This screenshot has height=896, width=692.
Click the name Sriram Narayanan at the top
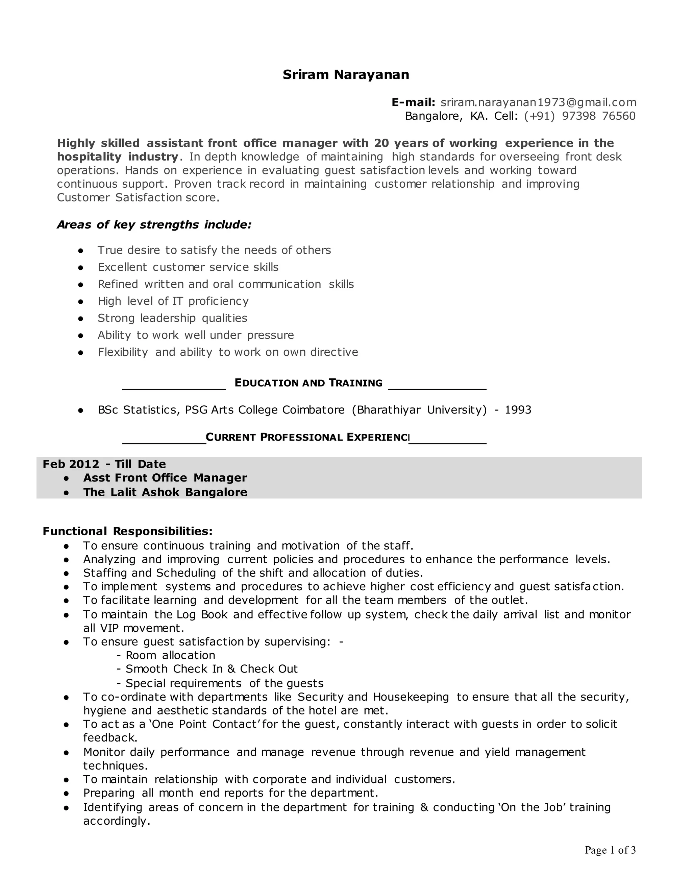click(346, 75)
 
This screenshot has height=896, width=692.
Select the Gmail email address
click(538, 102)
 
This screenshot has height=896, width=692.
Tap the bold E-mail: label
click(413, 102)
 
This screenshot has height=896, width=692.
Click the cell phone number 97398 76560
click(598, 116)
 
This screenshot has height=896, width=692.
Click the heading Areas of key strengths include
click(154, 225)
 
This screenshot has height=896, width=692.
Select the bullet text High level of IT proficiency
click(173, 301)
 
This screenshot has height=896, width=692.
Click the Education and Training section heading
click(308, 383)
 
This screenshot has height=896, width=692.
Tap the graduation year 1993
click(518, 410)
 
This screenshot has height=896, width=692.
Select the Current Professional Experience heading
click(307, 437)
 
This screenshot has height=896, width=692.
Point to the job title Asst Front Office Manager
click(165, 478)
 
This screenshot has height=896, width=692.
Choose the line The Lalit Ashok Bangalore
click(165, 492)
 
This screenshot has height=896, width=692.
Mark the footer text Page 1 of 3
click(610, 850)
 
